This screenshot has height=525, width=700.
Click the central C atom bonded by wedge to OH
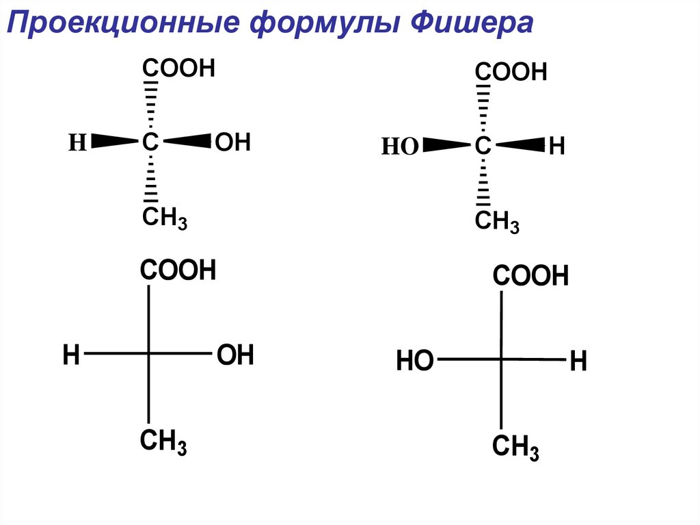tap(150, 142)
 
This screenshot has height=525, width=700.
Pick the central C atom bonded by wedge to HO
tap(483, 146)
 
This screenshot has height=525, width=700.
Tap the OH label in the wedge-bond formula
tap(233, 142)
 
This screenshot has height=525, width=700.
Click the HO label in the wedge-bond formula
tap(399, 146)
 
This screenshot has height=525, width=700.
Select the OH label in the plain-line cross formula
tap(235, 355)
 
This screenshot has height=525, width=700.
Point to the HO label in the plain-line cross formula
tap(415, 360)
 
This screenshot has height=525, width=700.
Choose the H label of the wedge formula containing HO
tap(556, 146)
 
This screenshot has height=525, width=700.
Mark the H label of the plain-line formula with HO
tap(578, 361)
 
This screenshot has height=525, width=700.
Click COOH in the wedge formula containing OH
tap(178, 68)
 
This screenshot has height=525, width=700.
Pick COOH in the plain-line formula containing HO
tap(531, 277)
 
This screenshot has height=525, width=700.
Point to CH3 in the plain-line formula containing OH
tap(163, 441)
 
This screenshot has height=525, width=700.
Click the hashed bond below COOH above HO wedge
tap(484, 107)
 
